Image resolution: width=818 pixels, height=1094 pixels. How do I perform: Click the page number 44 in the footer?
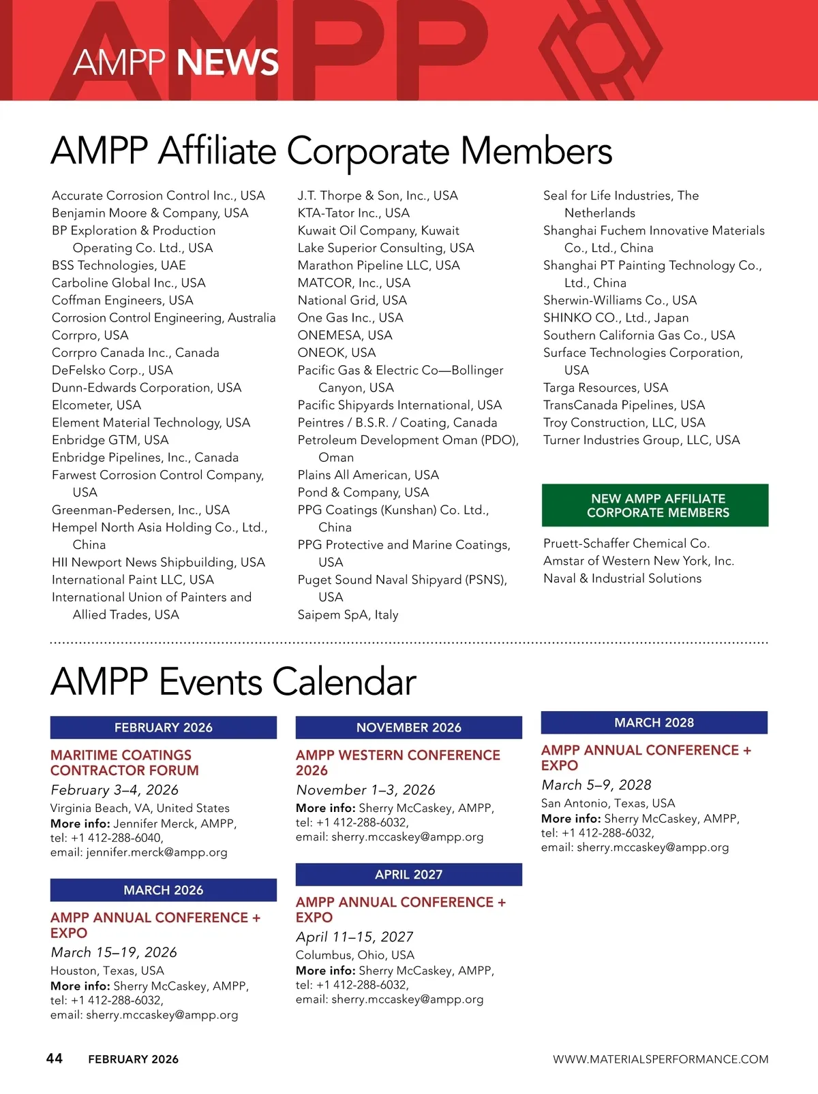(x=54, y=1058)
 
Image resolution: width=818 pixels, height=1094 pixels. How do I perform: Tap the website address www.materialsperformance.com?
(x=660, y=1059)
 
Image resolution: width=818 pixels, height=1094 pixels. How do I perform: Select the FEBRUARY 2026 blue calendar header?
(x=164, y=728)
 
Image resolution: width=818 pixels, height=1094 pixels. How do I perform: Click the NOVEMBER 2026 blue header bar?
(x=408, y=728)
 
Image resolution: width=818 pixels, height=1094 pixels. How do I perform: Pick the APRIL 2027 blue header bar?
(x=408, y=875)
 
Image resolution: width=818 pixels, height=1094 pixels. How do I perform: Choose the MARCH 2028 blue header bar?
(x=654, y=723)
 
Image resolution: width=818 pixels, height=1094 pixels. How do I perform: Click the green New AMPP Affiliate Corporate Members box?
(x=655, y=505)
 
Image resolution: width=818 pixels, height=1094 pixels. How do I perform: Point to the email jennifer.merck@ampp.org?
(x=156, y=852)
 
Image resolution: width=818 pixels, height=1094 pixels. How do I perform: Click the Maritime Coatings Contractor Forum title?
(x=125, y=763)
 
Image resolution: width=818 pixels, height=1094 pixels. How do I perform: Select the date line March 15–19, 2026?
(x=114, y=952)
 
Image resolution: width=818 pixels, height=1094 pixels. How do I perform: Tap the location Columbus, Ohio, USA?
(x=354, y=955)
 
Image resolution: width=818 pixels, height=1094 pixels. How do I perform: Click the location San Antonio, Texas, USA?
(x=607, y=803)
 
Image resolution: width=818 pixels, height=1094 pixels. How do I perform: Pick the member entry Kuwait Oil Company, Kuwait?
(x=378, y=230)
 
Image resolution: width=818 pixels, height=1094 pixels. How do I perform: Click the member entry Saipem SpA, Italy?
(x=348, y=614)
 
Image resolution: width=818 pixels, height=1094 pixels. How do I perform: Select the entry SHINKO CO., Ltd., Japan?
(x=616, y=317)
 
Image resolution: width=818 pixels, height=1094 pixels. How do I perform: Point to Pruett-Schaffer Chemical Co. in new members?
(x=626, y=544)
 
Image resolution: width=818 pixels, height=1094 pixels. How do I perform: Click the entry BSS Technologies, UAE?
(x=119, y=265)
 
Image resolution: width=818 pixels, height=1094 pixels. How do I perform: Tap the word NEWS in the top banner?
(x=228, y=63)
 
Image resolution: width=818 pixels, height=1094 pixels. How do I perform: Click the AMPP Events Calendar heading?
(x=233, y=682)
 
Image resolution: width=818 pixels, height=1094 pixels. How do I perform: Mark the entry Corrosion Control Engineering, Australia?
(x=164, y=317)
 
